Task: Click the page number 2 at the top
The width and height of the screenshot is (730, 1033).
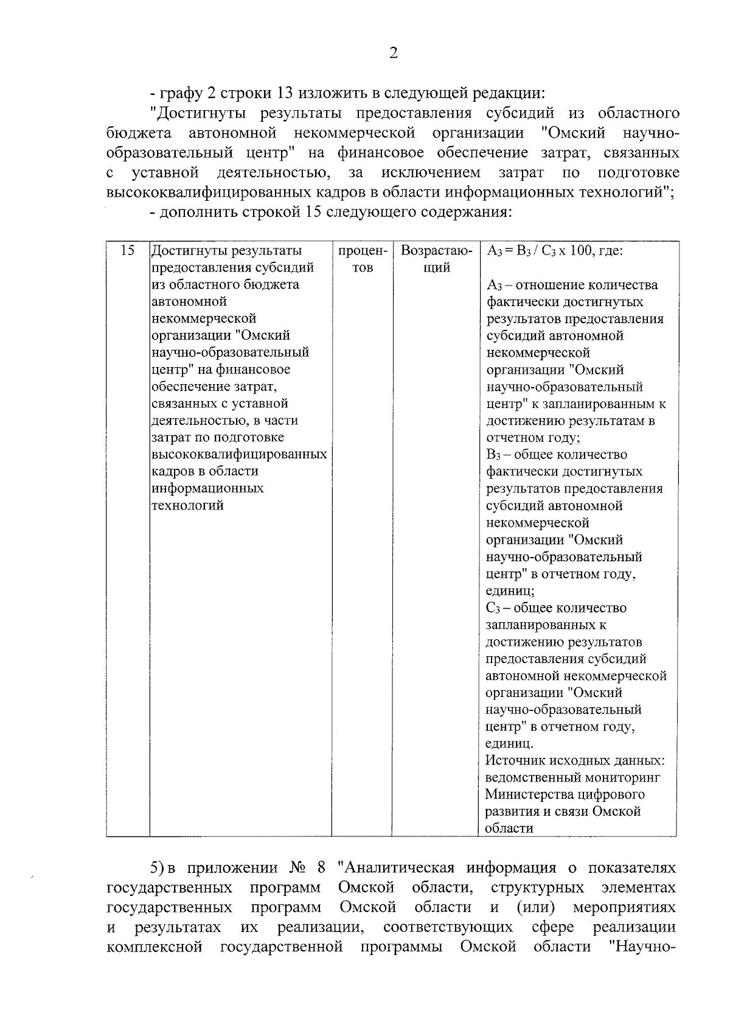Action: tap(393, 54)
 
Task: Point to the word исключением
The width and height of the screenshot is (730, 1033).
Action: tap(431, 173)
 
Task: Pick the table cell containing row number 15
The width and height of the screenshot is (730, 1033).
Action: tap(128, 251)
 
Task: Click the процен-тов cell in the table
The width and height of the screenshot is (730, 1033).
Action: tap(362, 259)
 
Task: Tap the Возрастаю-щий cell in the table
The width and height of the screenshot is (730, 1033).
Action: tap(436, 259)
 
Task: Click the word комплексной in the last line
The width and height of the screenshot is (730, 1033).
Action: tap(154, 947)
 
